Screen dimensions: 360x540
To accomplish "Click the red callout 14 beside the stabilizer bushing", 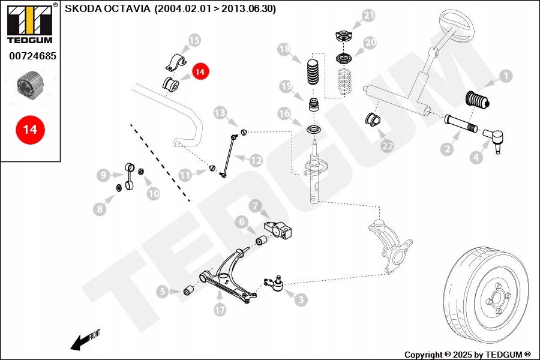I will coord(200,71).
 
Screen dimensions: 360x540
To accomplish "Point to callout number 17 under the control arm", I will coord(220,310).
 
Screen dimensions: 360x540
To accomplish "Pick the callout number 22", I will coord(387,146).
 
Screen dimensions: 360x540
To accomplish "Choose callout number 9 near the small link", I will coord(103,175).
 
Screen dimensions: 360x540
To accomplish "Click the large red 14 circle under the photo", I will coord(30,130).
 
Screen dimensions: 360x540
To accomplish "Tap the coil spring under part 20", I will coord(344,81).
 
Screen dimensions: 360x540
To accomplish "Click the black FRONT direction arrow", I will coord(77,343).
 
